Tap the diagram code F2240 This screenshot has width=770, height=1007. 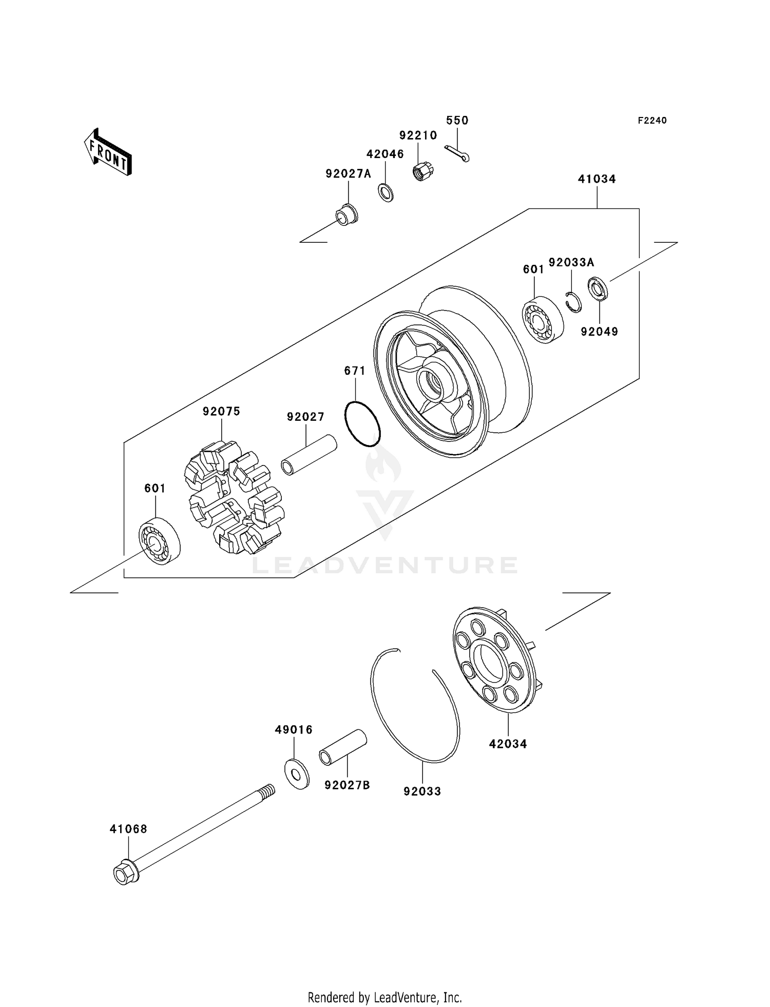tap(652, 121)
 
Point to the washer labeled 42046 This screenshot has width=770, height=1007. tap(386, 192)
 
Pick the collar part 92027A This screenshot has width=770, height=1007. tap(347, 215)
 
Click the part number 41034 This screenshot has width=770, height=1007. tap(596, 179)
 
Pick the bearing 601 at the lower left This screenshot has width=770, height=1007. tap(160, 541)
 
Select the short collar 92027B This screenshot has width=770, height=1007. tap(343, 748)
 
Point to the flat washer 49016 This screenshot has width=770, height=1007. tap(297, 774)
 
